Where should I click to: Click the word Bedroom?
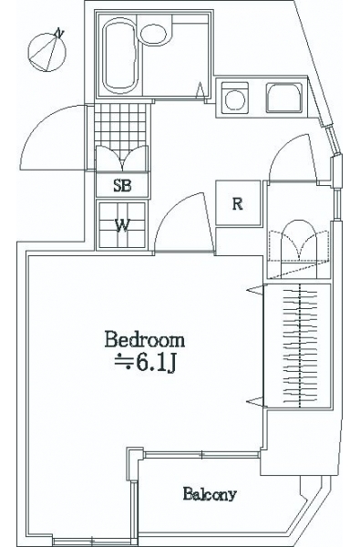point(145,340)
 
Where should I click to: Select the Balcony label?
point(210,494)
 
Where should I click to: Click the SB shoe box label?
point(122,186)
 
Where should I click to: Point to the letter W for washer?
point(122,225)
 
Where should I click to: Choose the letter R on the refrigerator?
point(238,203)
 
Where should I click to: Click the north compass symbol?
point(47,52)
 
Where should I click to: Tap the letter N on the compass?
point(59,33)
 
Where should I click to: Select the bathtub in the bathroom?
point(119,55)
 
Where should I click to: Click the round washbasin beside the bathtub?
point(153,34)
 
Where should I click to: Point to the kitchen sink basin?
point(284,98)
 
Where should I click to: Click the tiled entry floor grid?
point(120,125)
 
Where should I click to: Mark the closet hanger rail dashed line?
point(300,346)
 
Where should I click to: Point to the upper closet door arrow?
point(256,290)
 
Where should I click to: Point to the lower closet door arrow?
point(256,401)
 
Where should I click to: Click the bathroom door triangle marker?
point(201,90)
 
